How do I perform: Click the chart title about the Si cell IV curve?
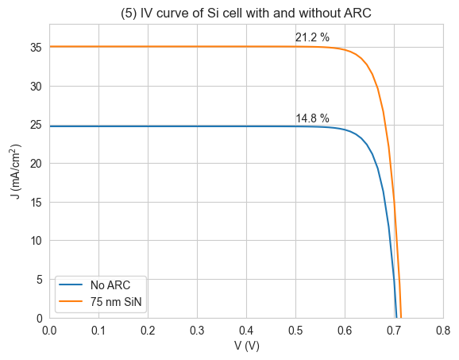(x=246, y=14)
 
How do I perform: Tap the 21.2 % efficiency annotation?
(x=312, y=37)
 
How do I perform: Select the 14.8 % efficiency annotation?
(x=312, y=118)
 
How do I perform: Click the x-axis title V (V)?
(x=246, y=346)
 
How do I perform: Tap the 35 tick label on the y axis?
(x=37, y=48)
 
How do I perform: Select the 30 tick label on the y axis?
(x=37, y=87)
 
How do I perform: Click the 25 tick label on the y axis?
(x=37, y=125)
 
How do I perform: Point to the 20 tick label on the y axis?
(x=37, y=164)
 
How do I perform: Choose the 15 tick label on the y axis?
(x=37, y=202)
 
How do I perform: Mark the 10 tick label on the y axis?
(x=37, y=241)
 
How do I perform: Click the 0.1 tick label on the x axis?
(x=98, y=331)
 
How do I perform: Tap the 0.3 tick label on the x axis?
(x=197, y=331)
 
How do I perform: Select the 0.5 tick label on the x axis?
(x=295, y=331)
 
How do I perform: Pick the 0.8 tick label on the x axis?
(x=443, y=331)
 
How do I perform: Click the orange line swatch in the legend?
(x=71, y=301)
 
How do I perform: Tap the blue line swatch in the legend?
(x=71, y=285)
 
